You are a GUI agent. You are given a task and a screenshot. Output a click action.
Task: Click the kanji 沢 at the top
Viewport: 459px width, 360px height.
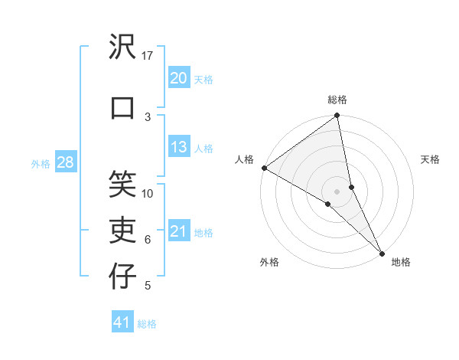(123, 48)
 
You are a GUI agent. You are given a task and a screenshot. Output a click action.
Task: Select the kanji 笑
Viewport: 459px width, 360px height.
(123, 183)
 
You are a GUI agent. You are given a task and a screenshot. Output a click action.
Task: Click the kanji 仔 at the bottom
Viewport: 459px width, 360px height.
(123, 277)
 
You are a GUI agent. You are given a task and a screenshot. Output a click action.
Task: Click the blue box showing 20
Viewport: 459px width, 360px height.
(178, 77)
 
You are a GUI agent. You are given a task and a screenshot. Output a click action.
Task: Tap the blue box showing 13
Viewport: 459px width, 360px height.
(178, 147)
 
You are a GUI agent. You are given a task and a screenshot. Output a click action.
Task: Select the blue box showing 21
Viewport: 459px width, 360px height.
(178, 231)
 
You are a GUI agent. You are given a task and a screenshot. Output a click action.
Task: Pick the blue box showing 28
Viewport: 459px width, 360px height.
(65, 162)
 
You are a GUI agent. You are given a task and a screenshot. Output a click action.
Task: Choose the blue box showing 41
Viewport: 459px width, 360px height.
(122, 322)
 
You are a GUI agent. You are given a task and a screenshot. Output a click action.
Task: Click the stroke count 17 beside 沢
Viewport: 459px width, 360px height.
(148, 56)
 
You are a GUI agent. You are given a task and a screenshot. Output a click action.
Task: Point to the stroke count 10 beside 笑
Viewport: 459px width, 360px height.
(148, 193)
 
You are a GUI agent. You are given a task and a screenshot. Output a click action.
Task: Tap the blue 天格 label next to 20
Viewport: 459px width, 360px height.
(203, 79)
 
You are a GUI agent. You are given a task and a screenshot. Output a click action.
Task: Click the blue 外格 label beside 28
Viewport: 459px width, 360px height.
(41, 163)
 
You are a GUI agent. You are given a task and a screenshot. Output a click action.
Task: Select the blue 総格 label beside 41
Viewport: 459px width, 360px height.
(147, 324)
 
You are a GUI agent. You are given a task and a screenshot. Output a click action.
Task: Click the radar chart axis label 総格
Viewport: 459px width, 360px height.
(337, 100)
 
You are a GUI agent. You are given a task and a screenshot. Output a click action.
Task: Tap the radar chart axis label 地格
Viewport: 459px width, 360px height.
(401, 262)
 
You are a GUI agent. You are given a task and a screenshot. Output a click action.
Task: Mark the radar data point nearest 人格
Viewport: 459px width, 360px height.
(264, 168)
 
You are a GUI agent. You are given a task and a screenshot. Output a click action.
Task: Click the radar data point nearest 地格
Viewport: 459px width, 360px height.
(381, 252)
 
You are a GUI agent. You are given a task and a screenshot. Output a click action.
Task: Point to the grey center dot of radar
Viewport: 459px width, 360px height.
(337, 191)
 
